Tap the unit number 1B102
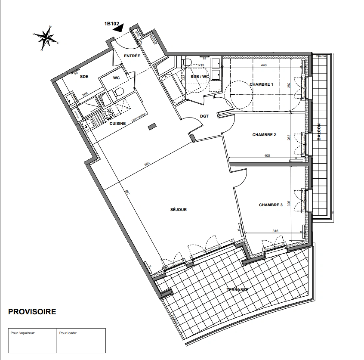coord(112,24)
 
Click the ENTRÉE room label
coord(132,56)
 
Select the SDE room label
coord(84,77)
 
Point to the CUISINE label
coord(118,124)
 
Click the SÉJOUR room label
coord(178,210)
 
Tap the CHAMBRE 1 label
coord(261,84)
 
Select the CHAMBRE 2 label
coord(264,135)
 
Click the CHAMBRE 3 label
coord(271,205)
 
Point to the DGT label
coord(204,116)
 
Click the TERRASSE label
coord(238,290)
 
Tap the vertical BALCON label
coord(319,132)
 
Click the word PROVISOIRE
coord(32,312)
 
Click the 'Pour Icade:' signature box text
coord(68,333)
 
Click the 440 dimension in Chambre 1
coord(264,65)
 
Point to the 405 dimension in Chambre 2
coord(267,155)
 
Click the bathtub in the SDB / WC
coord(172,89)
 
